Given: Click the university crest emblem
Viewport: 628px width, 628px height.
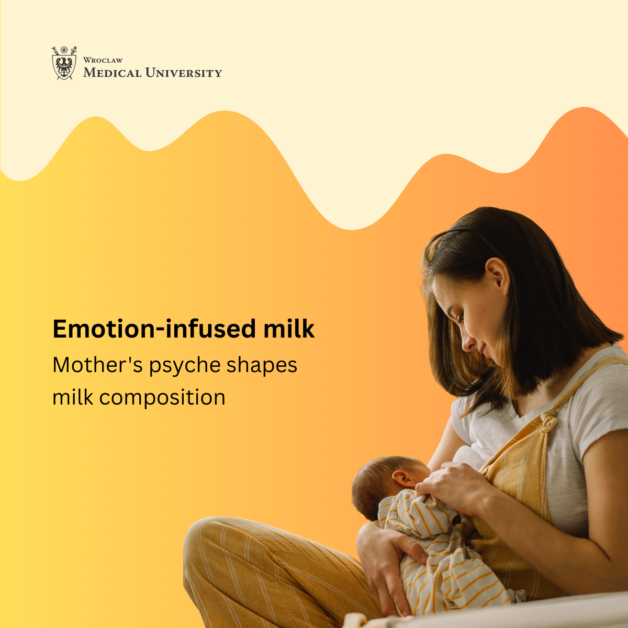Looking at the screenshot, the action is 64,63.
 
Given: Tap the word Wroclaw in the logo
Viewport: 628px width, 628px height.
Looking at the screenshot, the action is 103,60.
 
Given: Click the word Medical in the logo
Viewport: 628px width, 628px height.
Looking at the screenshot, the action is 113,73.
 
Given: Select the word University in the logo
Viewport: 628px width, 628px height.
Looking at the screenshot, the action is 184,73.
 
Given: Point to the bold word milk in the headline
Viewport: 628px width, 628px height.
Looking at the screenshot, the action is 289,329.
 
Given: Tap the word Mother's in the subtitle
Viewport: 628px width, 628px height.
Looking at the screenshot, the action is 98,364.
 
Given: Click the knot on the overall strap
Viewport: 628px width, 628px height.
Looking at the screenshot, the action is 549,421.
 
